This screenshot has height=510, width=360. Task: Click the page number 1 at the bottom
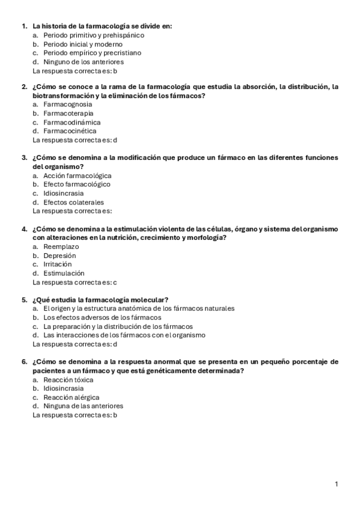(x=337, y=484)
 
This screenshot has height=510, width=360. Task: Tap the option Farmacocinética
(x=70, y=131)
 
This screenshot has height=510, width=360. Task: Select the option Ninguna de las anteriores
(x=83, y=406)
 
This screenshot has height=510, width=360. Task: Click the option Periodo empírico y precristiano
(x=93, y=53)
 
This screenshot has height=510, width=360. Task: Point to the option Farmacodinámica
(x=72, y=122)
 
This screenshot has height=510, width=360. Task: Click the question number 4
(x=24, y=229)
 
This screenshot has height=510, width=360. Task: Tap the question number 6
(x=24, y=362)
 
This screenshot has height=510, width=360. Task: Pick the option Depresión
(x=59, y=256)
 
